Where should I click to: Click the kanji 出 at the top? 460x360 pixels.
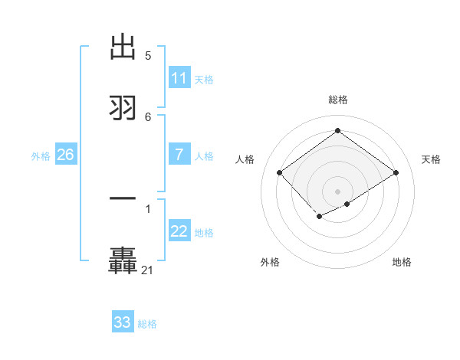pyautogui.click(x=123, y=47)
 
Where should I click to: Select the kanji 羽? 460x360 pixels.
pyautogui.click(x=123, y=107)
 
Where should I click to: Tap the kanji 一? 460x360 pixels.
pyautogui.click(x=123, y=199)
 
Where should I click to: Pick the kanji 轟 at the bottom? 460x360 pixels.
pyautogui.click(x=123, y=260)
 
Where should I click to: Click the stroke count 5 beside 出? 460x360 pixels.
pyautogui.click(x=148, y=56)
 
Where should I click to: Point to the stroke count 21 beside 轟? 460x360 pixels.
pyautogui.click(x=148, y=270)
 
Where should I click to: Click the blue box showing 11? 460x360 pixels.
pyautogui.click(x=179, y=78)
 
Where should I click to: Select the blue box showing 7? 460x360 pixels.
pyautogui.click(x=179, y=155)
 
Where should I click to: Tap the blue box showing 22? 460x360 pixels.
pyautogui.click(x=179, y=231)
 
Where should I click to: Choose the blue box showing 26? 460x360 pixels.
pyautogui.click(x=65, y=155)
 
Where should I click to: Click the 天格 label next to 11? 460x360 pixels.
pyautogui.click(x=204, y=79)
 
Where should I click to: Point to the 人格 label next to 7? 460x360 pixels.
pyautogui.click(x=204, y=155)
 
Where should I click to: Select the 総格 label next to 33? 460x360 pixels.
pyautogui.click(x=147, y=324)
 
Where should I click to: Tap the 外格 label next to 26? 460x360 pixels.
pyautogui.click(x=41, y=155)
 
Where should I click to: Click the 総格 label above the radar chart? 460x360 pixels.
pyautogui.click(x=337, y=100)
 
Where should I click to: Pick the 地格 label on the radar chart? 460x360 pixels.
pyautogui.click(x=402, y=262)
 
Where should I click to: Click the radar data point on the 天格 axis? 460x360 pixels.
pyautogui.click(x=396, y=172)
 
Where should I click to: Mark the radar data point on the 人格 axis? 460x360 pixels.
pyautogui.click(x=280, y=172)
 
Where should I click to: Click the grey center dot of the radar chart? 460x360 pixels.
pyautogui.click(x=337, y=191)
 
